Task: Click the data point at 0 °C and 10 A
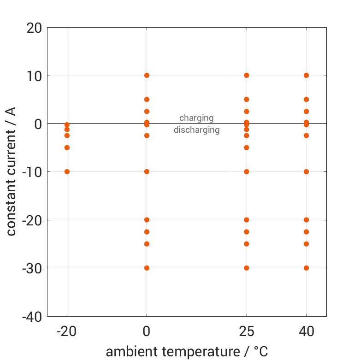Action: (x=147, y=75)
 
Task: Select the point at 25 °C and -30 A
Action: (x=247, y=268)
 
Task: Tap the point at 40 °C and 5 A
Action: (x=306, y=99)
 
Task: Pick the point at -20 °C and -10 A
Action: (x=67, y=171)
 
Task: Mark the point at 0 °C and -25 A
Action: (x=147, y=244)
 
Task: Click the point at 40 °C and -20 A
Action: (x=306, y=220)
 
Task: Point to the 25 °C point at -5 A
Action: (x=247, y=148)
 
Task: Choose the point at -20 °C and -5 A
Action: (x=67, y=148)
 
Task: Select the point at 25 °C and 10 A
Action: (x=247, y=75)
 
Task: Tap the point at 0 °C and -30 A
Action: (x=147, y=268)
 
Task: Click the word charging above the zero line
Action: (x=196, y=118)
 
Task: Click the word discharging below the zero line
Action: (x=196, y=130)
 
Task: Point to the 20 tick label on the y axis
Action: (x=34, y=28)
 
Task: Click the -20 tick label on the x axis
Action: (x=67, y=331)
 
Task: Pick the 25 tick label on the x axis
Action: (x=247, y=331)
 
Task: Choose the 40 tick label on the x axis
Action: (x=306, y=331)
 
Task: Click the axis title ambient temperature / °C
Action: (x=187, y=352)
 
